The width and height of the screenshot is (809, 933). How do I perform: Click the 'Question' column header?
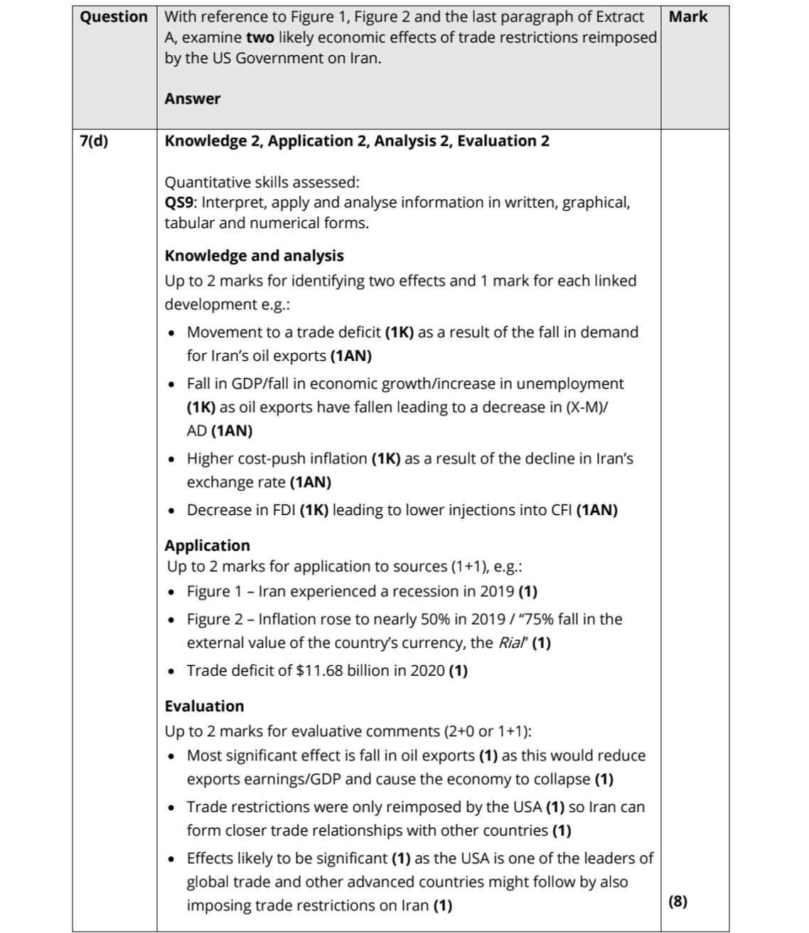pyautogui.click(x=114, y=17)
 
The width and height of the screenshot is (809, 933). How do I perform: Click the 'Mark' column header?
pyautogui.click(x=688, y=16)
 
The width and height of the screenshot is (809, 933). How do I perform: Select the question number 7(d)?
pyautogui.click(x=94, y=141)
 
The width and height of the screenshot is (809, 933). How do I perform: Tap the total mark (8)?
pyautogui.click(x=678, y=901)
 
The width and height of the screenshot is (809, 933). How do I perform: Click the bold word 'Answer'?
pyautogui.click(x=192, y=99)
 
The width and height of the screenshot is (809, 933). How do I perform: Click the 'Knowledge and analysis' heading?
pyautogui.click(x=254, y=256)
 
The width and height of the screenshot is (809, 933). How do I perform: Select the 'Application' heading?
pyautogui.click(x=207, y=546)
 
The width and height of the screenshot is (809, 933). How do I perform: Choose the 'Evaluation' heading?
pyautogui.click(x=204, y=706)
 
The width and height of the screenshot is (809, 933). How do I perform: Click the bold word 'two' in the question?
pyautogui.click(x=260, y=38)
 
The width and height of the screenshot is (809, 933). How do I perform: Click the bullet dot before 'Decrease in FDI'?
pyautogui.click(x=171, y=511)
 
